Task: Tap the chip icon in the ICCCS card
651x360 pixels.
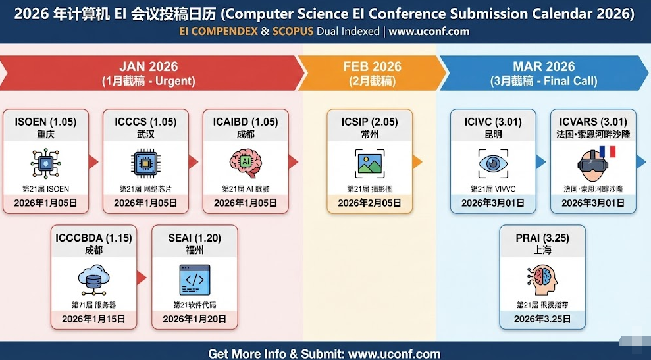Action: click(145, 163)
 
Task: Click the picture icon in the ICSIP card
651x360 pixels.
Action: click(370, 163)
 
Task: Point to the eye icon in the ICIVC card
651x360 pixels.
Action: click(493, 163)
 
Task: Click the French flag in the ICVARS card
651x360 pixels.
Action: click(607, 152)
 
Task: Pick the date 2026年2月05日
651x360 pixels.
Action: click(370, 203)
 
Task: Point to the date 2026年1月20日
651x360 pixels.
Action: click(195, 319)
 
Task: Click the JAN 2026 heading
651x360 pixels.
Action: click(148, 66)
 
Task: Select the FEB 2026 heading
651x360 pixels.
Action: click(372, 66)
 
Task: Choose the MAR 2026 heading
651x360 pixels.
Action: click(543, 66)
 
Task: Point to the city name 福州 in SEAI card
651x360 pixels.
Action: click(195, 250)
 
